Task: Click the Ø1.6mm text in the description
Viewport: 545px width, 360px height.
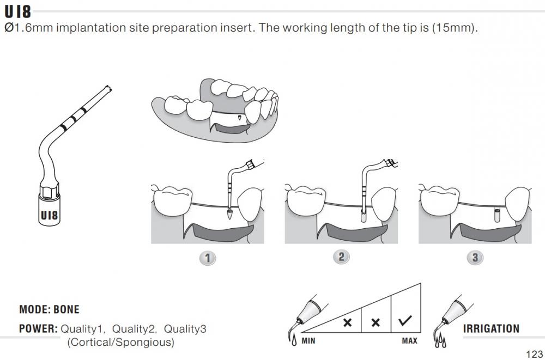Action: coord(28,27)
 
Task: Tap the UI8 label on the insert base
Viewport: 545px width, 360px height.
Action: coord(49,216)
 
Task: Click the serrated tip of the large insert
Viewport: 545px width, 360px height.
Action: coord(108,88)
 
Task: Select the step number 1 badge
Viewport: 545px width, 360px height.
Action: coord(208,258)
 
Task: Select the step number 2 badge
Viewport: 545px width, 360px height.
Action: coord(341,257)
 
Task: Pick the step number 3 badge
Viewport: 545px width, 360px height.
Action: coord(475,258)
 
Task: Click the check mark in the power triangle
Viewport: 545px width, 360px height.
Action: coord(405,321)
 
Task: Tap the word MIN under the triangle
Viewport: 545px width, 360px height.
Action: coord(308,340)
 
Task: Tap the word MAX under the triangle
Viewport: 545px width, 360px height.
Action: coord(409,340)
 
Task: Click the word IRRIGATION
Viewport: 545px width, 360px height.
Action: coord(491,329)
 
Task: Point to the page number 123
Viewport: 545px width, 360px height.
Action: coord(534,354)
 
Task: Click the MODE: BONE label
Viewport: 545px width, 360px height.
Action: coord(50,309)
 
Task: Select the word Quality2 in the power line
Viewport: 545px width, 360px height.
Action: coord(135,329)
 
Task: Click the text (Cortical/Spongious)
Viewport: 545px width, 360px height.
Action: coord(120,342)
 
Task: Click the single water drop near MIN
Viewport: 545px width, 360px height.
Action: coord(294,340)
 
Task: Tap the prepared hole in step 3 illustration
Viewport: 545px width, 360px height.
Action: coord(497,216)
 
